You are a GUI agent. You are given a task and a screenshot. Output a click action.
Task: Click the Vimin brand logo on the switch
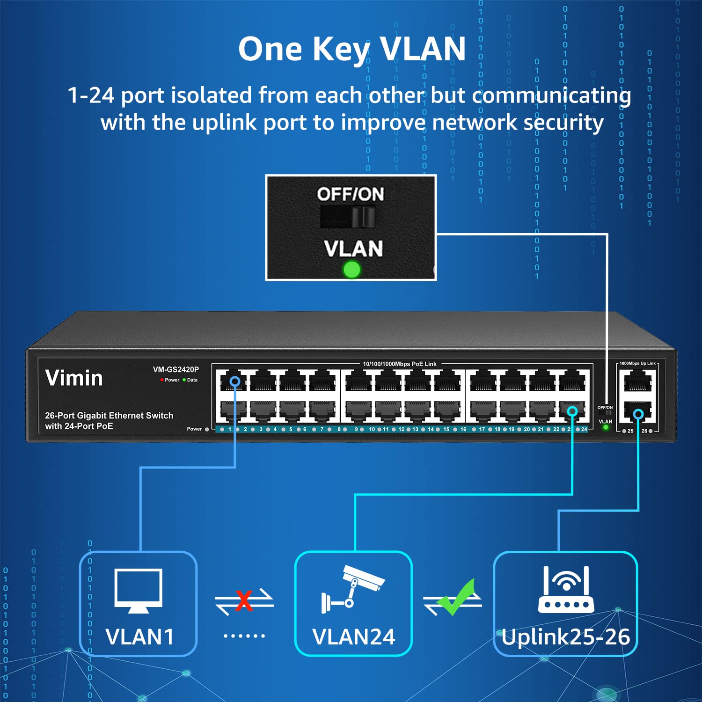74,378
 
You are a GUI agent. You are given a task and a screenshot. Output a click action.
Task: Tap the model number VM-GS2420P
175,369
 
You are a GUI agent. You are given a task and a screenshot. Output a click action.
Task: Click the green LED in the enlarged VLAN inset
351,269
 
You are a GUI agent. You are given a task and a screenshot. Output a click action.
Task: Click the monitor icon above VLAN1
139,590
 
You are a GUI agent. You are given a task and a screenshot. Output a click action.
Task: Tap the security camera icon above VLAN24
353,588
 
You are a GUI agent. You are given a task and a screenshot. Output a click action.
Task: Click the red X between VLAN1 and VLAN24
244,600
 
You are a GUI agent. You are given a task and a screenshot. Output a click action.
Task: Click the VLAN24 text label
353,636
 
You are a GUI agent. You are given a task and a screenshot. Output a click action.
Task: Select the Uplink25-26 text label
566,636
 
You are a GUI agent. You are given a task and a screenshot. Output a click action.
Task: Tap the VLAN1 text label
139,636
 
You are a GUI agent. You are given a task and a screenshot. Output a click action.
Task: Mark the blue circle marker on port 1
235,381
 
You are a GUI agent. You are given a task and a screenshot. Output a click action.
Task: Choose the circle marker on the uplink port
638,414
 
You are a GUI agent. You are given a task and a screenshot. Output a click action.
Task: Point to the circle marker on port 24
572,411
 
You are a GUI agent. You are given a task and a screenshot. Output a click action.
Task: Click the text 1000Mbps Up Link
637,363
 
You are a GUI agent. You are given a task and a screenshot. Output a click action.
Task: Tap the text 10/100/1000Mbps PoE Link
400,364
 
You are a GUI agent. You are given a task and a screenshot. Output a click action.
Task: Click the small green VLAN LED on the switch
606,427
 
